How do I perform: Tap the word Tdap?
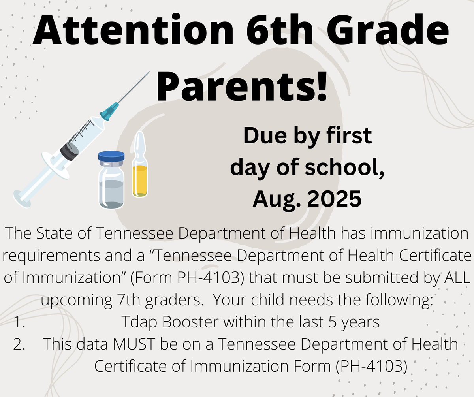[x=139, y=322]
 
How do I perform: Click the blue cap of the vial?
[x=111, y=156]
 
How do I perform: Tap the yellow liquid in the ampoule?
[x=139, y=180]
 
